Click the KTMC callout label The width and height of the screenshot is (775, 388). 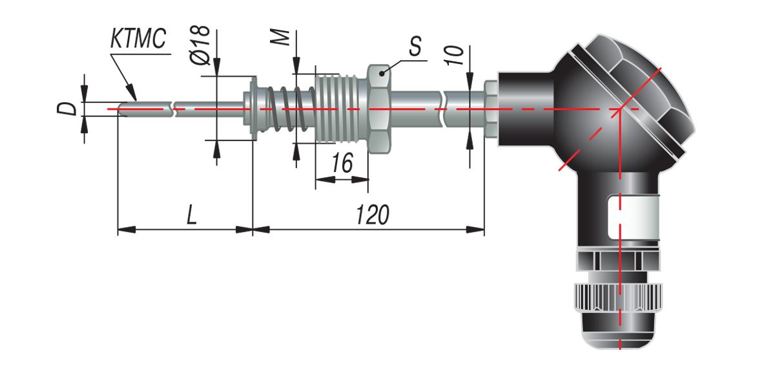[138, 38]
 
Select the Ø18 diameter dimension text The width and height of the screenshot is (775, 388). [200, 45]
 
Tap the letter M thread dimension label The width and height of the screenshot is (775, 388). [280, 38]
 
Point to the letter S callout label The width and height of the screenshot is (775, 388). [415, 46]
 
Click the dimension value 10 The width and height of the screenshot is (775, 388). [453, 56]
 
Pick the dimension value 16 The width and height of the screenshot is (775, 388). [342, 163]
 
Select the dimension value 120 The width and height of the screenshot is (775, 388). [373, 215]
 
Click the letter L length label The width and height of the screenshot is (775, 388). [192, 215]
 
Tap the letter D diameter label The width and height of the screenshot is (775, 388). [67, 109]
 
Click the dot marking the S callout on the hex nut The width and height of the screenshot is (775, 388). [382, 73]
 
